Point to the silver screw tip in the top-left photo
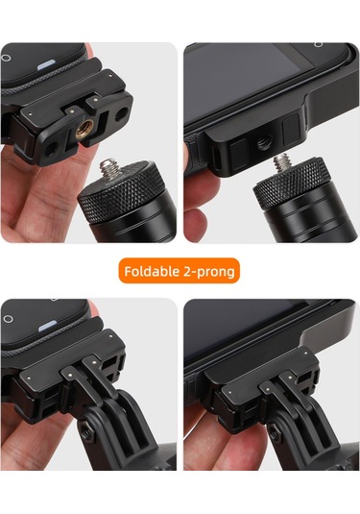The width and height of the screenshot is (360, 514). [113, 169]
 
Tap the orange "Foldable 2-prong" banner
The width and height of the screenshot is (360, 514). [180, 272]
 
